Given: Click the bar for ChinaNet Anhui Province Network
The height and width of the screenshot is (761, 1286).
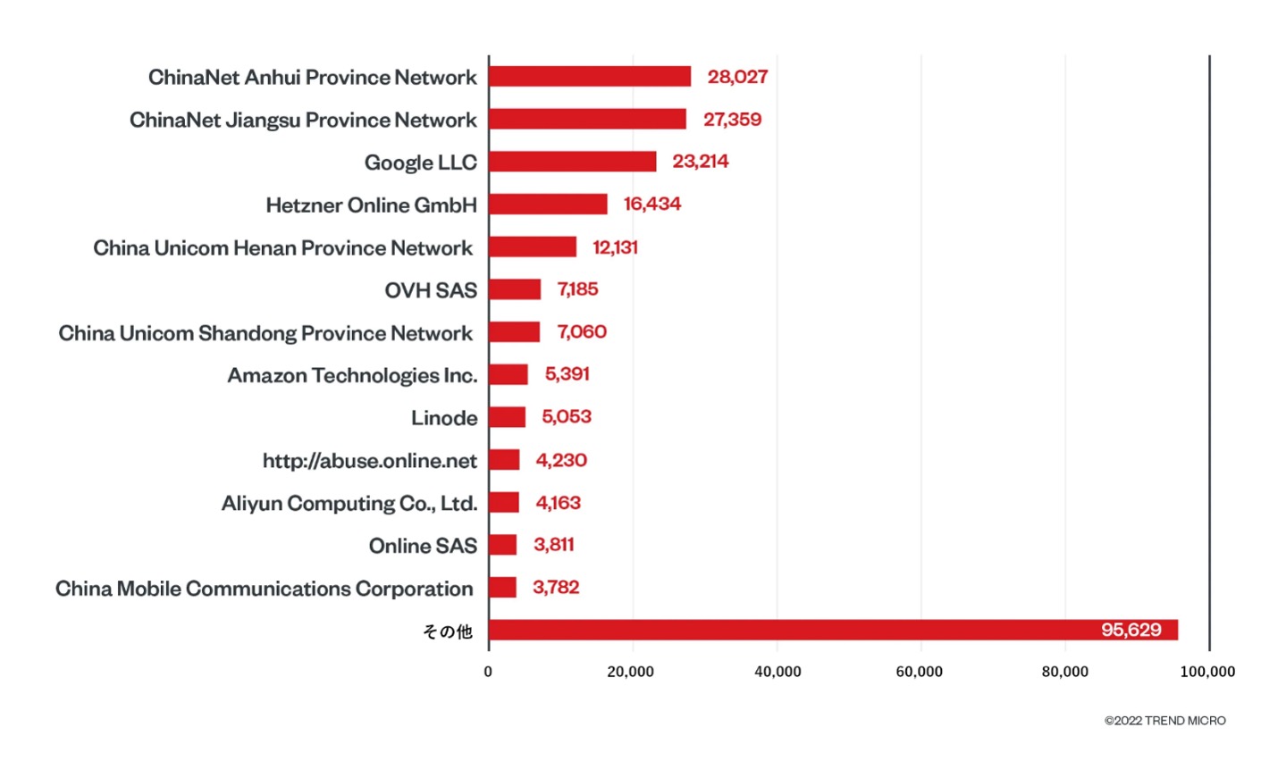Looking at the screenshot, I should click(590, 77).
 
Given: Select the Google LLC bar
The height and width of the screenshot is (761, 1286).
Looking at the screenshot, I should click(572, 162).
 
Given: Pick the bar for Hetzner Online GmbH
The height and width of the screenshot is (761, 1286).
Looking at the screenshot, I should click(548, 205).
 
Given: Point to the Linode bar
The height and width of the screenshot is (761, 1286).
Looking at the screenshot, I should click(507, 417).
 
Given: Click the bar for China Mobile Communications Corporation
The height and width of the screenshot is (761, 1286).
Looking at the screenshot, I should click(502, 588).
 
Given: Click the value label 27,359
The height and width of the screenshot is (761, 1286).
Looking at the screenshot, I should click(732, 120).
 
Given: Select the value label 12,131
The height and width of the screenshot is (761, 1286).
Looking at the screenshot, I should click(615, 247).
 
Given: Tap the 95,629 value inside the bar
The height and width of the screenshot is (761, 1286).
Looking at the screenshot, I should click(1131, 630).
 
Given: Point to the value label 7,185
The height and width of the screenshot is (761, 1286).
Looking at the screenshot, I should click(577, 289).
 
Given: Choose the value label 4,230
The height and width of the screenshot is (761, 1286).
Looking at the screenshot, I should click(561, 460).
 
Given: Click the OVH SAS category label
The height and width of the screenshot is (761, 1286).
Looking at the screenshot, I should click(431, 290).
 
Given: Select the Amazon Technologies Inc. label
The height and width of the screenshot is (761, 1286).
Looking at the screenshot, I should click(352, 375).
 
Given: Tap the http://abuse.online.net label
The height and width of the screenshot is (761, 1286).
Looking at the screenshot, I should click(369, 461).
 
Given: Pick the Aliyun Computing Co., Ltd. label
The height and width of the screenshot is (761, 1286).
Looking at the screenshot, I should click(349, 503).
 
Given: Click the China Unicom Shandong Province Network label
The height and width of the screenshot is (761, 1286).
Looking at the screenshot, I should click(265, 333).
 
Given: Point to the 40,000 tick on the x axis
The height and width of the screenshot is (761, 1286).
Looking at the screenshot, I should click(777, 672).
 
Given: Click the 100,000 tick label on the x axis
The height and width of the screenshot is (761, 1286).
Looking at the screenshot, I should click(1207, 672).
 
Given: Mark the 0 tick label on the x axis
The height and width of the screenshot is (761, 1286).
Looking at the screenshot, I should click(488, 672).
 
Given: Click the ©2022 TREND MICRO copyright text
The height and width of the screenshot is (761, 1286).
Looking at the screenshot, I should click(1164, 721).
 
